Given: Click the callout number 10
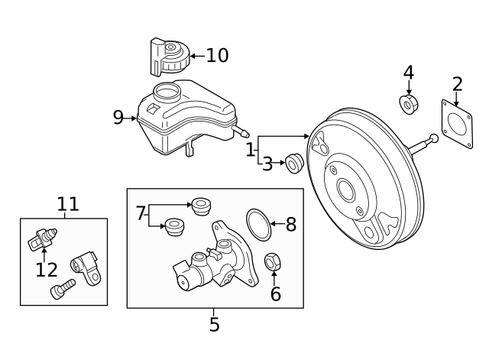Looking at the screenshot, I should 217,55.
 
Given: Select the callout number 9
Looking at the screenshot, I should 118,117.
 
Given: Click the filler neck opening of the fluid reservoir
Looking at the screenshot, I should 164,92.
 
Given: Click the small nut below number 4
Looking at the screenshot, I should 409,102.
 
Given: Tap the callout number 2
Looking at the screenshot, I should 457,84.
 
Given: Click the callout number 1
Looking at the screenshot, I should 250,150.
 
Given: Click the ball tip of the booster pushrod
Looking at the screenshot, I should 434,138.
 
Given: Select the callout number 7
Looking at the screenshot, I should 140,213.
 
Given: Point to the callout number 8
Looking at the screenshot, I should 290,224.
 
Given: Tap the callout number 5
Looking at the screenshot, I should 214,325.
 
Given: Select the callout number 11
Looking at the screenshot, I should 68,203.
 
